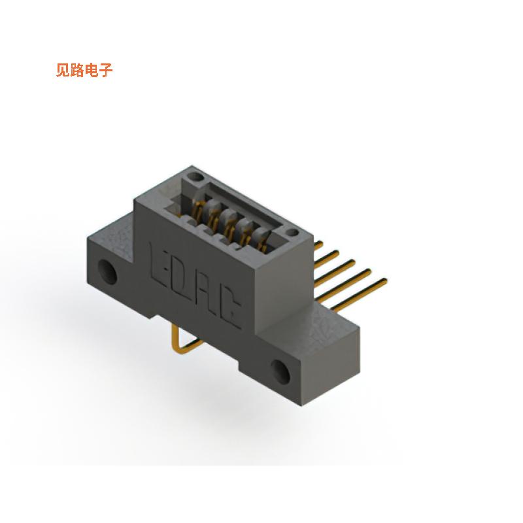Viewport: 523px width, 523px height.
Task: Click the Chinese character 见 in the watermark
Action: tap(63, 71)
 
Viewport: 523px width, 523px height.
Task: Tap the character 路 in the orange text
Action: tap(78, 71)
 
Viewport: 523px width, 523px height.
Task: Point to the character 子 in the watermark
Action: tap(106, 71)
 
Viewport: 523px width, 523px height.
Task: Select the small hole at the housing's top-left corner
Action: tap(194, 177)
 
